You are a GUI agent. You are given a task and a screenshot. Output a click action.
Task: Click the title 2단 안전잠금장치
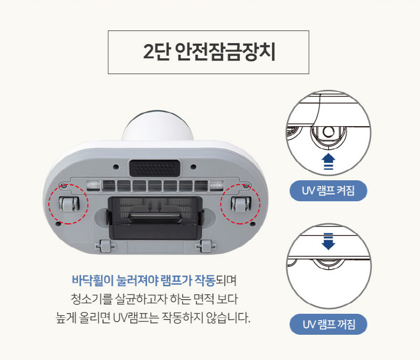[208, 53]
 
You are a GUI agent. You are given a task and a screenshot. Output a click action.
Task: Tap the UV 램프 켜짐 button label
[328, 191]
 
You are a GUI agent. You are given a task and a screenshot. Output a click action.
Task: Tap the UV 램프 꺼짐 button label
[328, 324]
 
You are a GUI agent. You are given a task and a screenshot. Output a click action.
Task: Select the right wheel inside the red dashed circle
[239, 204]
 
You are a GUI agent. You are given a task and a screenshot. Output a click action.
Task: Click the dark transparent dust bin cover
[153, 215]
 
